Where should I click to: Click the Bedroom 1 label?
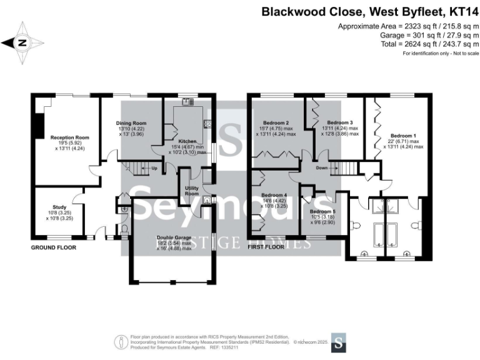coord(402,135)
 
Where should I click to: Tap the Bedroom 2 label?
coord(275,122)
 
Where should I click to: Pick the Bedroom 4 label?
coord(274,194)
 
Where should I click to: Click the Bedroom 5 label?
coord(322,211)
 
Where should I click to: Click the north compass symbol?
coord(22,42)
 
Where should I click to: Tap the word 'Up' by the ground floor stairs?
coord(154,168)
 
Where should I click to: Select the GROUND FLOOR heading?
coord(54,247)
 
